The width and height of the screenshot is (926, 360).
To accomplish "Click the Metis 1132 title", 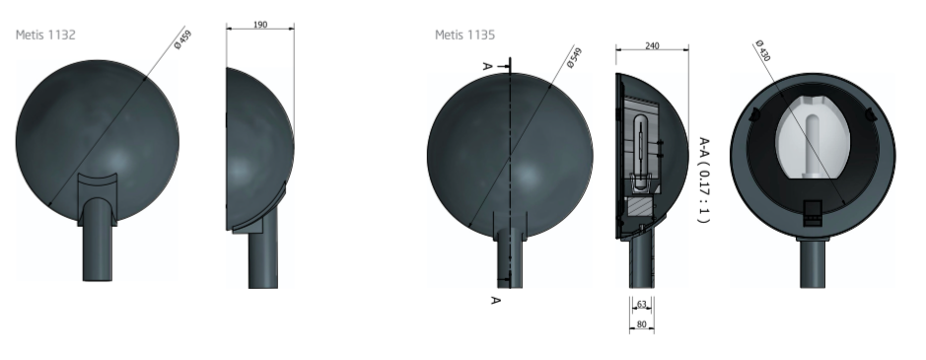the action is tap(45, 35).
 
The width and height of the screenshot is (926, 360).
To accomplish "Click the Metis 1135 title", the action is tap(464, 35).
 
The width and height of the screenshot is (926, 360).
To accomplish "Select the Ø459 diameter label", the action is tap(183, 39).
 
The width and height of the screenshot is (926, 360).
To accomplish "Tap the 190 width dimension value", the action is tap(260, 25).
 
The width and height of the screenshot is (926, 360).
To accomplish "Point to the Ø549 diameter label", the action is tap(574, 58).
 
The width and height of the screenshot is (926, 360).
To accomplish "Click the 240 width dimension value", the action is tap(652, 46).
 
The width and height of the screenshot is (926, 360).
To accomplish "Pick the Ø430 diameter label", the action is tap(763, 51).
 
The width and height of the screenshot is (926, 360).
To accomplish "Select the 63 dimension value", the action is tap(642, 305).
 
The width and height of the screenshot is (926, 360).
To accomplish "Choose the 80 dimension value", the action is tap(642, 324).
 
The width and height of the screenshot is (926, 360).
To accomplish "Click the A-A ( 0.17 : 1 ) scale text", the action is tap(703, 180).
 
